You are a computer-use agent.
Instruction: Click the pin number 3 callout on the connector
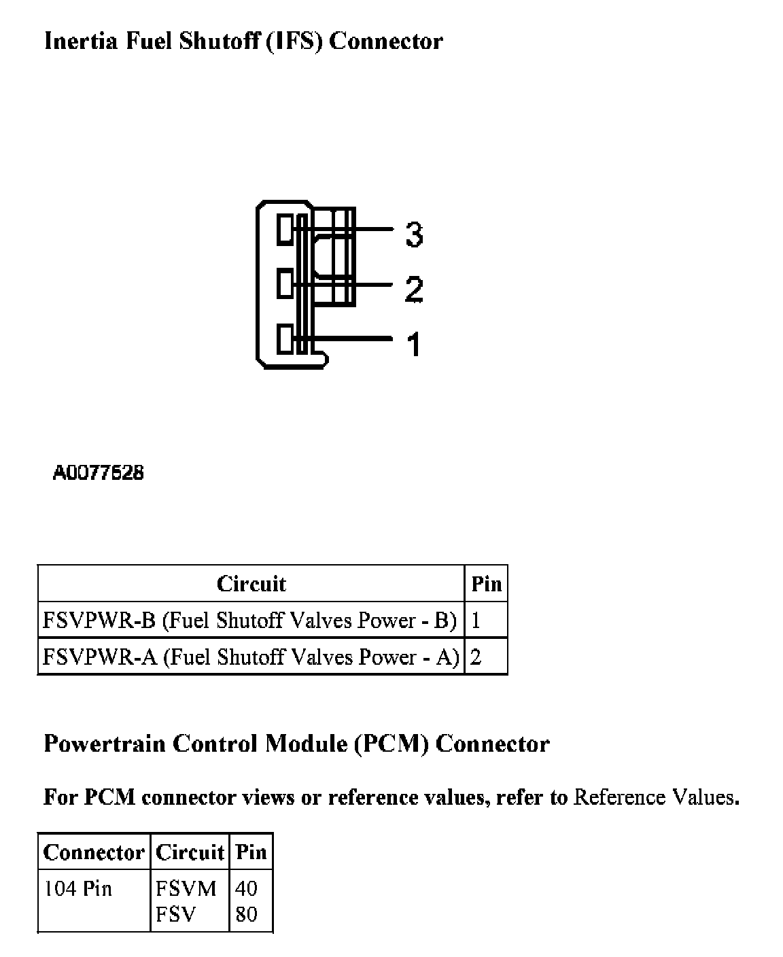click(x=413, y=234)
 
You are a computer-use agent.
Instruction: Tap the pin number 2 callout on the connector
click(x=413, y=289)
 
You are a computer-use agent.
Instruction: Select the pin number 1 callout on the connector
click(x=413, y=344)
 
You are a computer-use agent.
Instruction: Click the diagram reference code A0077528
click(x=99, y=473)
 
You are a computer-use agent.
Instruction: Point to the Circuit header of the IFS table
click(x=251, y=584)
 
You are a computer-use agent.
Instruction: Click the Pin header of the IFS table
click(x=486, y=584)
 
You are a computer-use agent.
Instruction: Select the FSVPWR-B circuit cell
click(x=249, y=621)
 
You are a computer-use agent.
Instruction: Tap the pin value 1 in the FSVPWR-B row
click(x=476, y=621)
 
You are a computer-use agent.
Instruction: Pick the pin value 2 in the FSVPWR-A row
click(x=476, y=657)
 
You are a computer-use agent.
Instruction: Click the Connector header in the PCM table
click(x=94, y=852)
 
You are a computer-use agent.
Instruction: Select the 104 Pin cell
click(x=77, y=888)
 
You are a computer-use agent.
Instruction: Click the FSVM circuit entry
click(x=186, y=888)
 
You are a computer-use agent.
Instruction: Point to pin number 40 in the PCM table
click(x=246, y=888)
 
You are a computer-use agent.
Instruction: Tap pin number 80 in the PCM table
click(x=246, y=914)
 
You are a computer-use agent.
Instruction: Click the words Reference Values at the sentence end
click(x=655, y=797)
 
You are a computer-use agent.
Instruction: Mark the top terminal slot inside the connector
click(x=285, y=230)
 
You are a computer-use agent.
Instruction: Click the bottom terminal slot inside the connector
click(x=285, y=340)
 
